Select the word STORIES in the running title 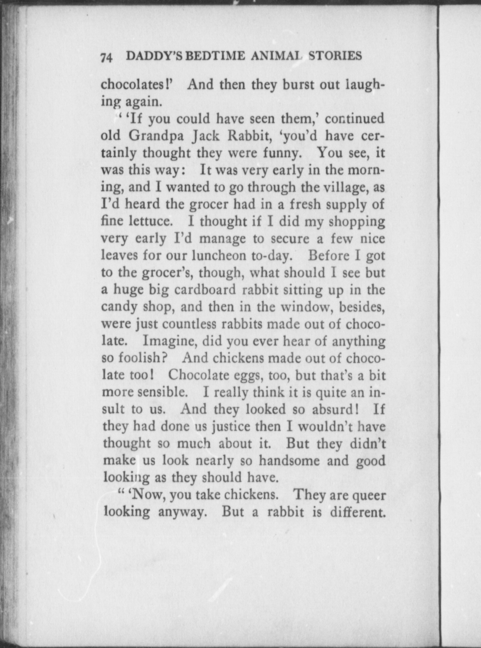click(335, 55)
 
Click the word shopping click(357, 222)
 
